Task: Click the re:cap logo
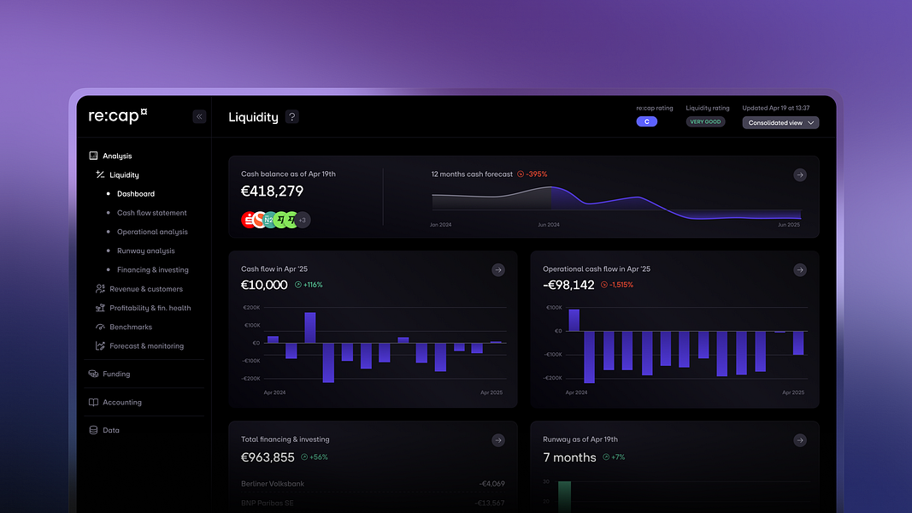[x=118, y=116]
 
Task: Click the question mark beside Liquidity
[x=292, y=117]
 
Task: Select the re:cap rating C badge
[x=646, y=122]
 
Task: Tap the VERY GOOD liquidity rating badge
[x=705, y=122]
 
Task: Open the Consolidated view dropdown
[x=780, y=123]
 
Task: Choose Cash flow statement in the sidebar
[x=151, y=213]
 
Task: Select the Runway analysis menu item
[x=145, y=251]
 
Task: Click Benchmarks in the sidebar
[x=130, y=327]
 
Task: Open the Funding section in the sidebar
[x=116, y=374]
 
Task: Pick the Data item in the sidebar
[x=111, y=430]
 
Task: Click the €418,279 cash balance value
[x=272, y=192]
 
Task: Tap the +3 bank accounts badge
[x=303, y=220]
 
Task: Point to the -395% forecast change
[x=536, y=174]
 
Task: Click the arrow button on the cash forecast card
[x=799, y=174]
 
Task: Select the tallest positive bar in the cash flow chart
[x=309, y=327]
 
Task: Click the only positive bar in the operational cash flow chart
[x=574, y=320]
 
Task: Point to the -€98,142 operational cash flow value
[x=568, y=285]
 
